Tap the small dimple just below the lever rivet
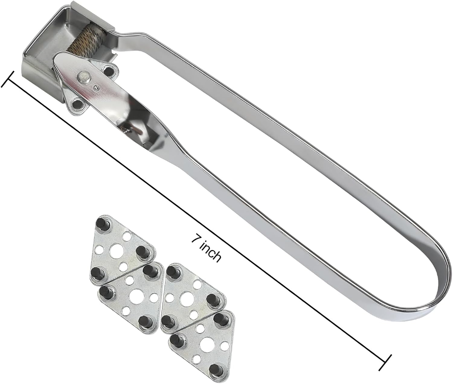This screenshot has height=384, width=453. pos(95,88)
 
